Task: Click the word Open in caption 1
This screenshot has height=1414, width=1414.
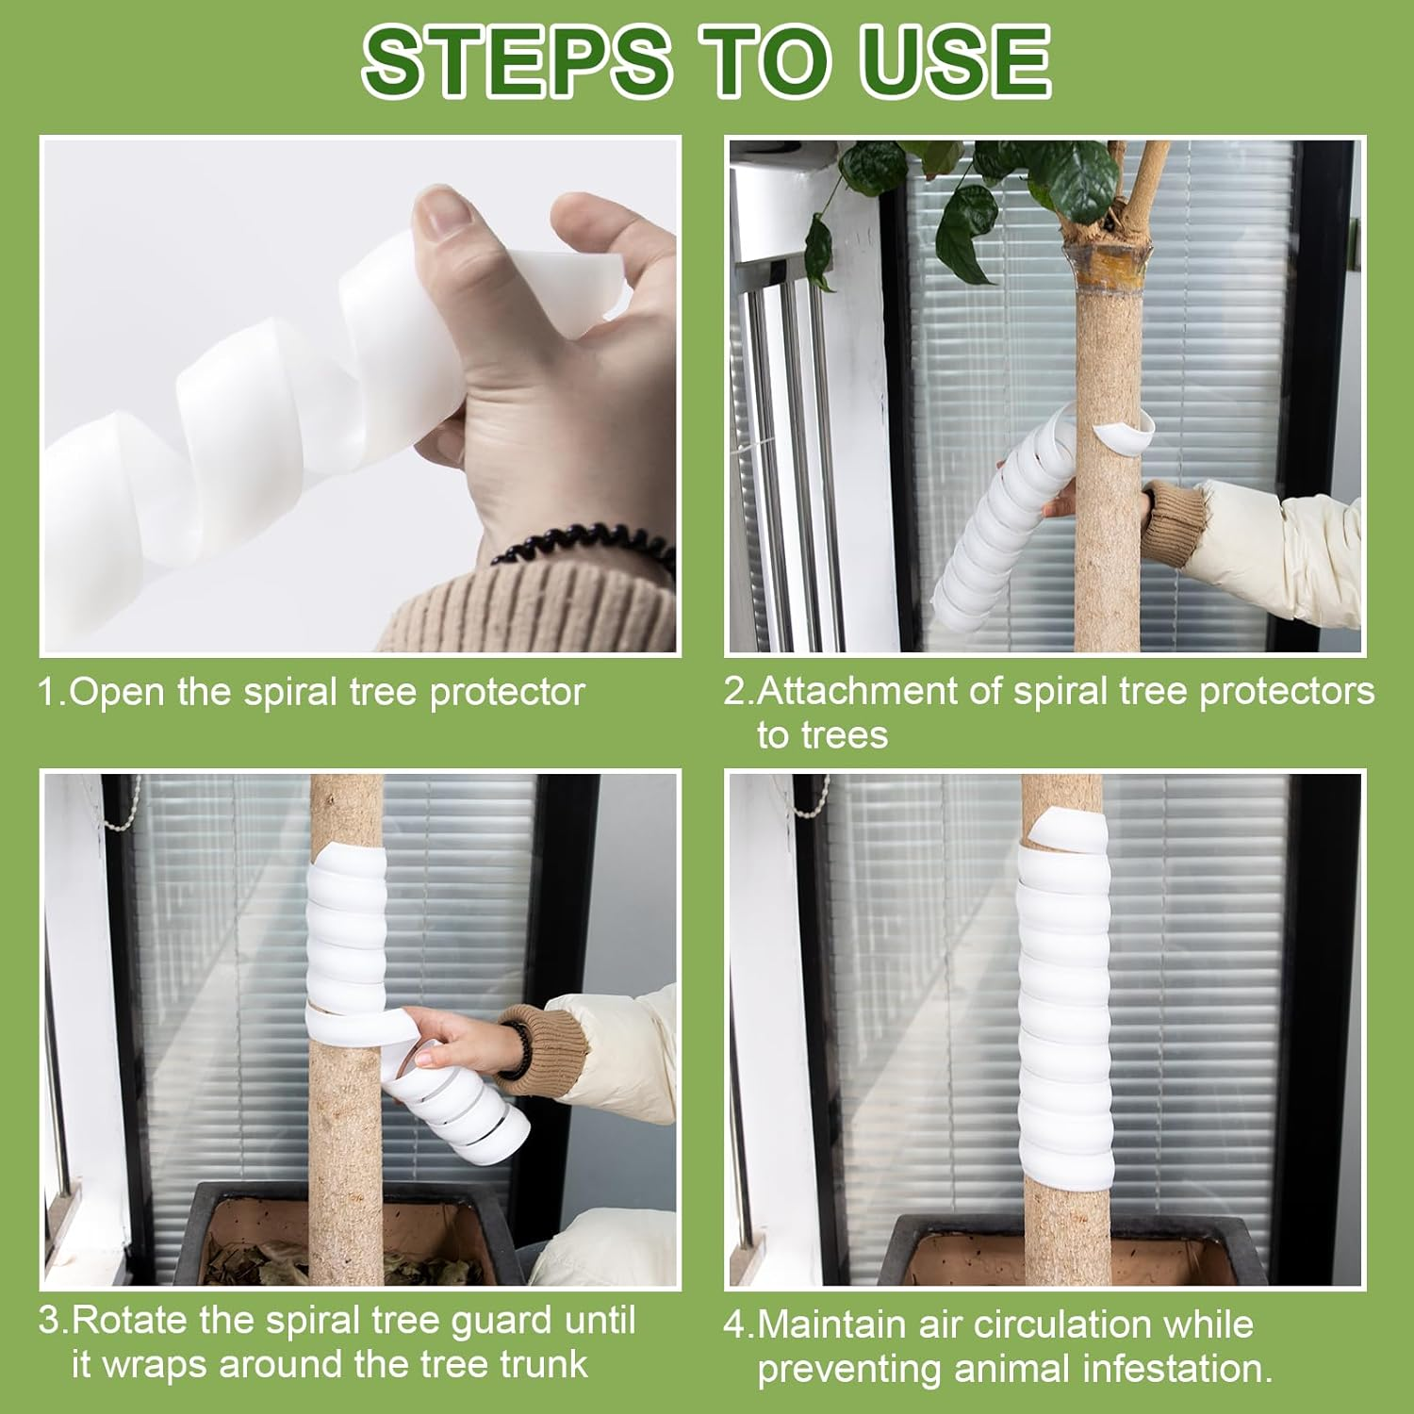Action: pos(120,693)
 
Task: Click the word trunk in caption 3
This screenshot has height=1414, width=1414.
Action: pos(544,1364)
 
